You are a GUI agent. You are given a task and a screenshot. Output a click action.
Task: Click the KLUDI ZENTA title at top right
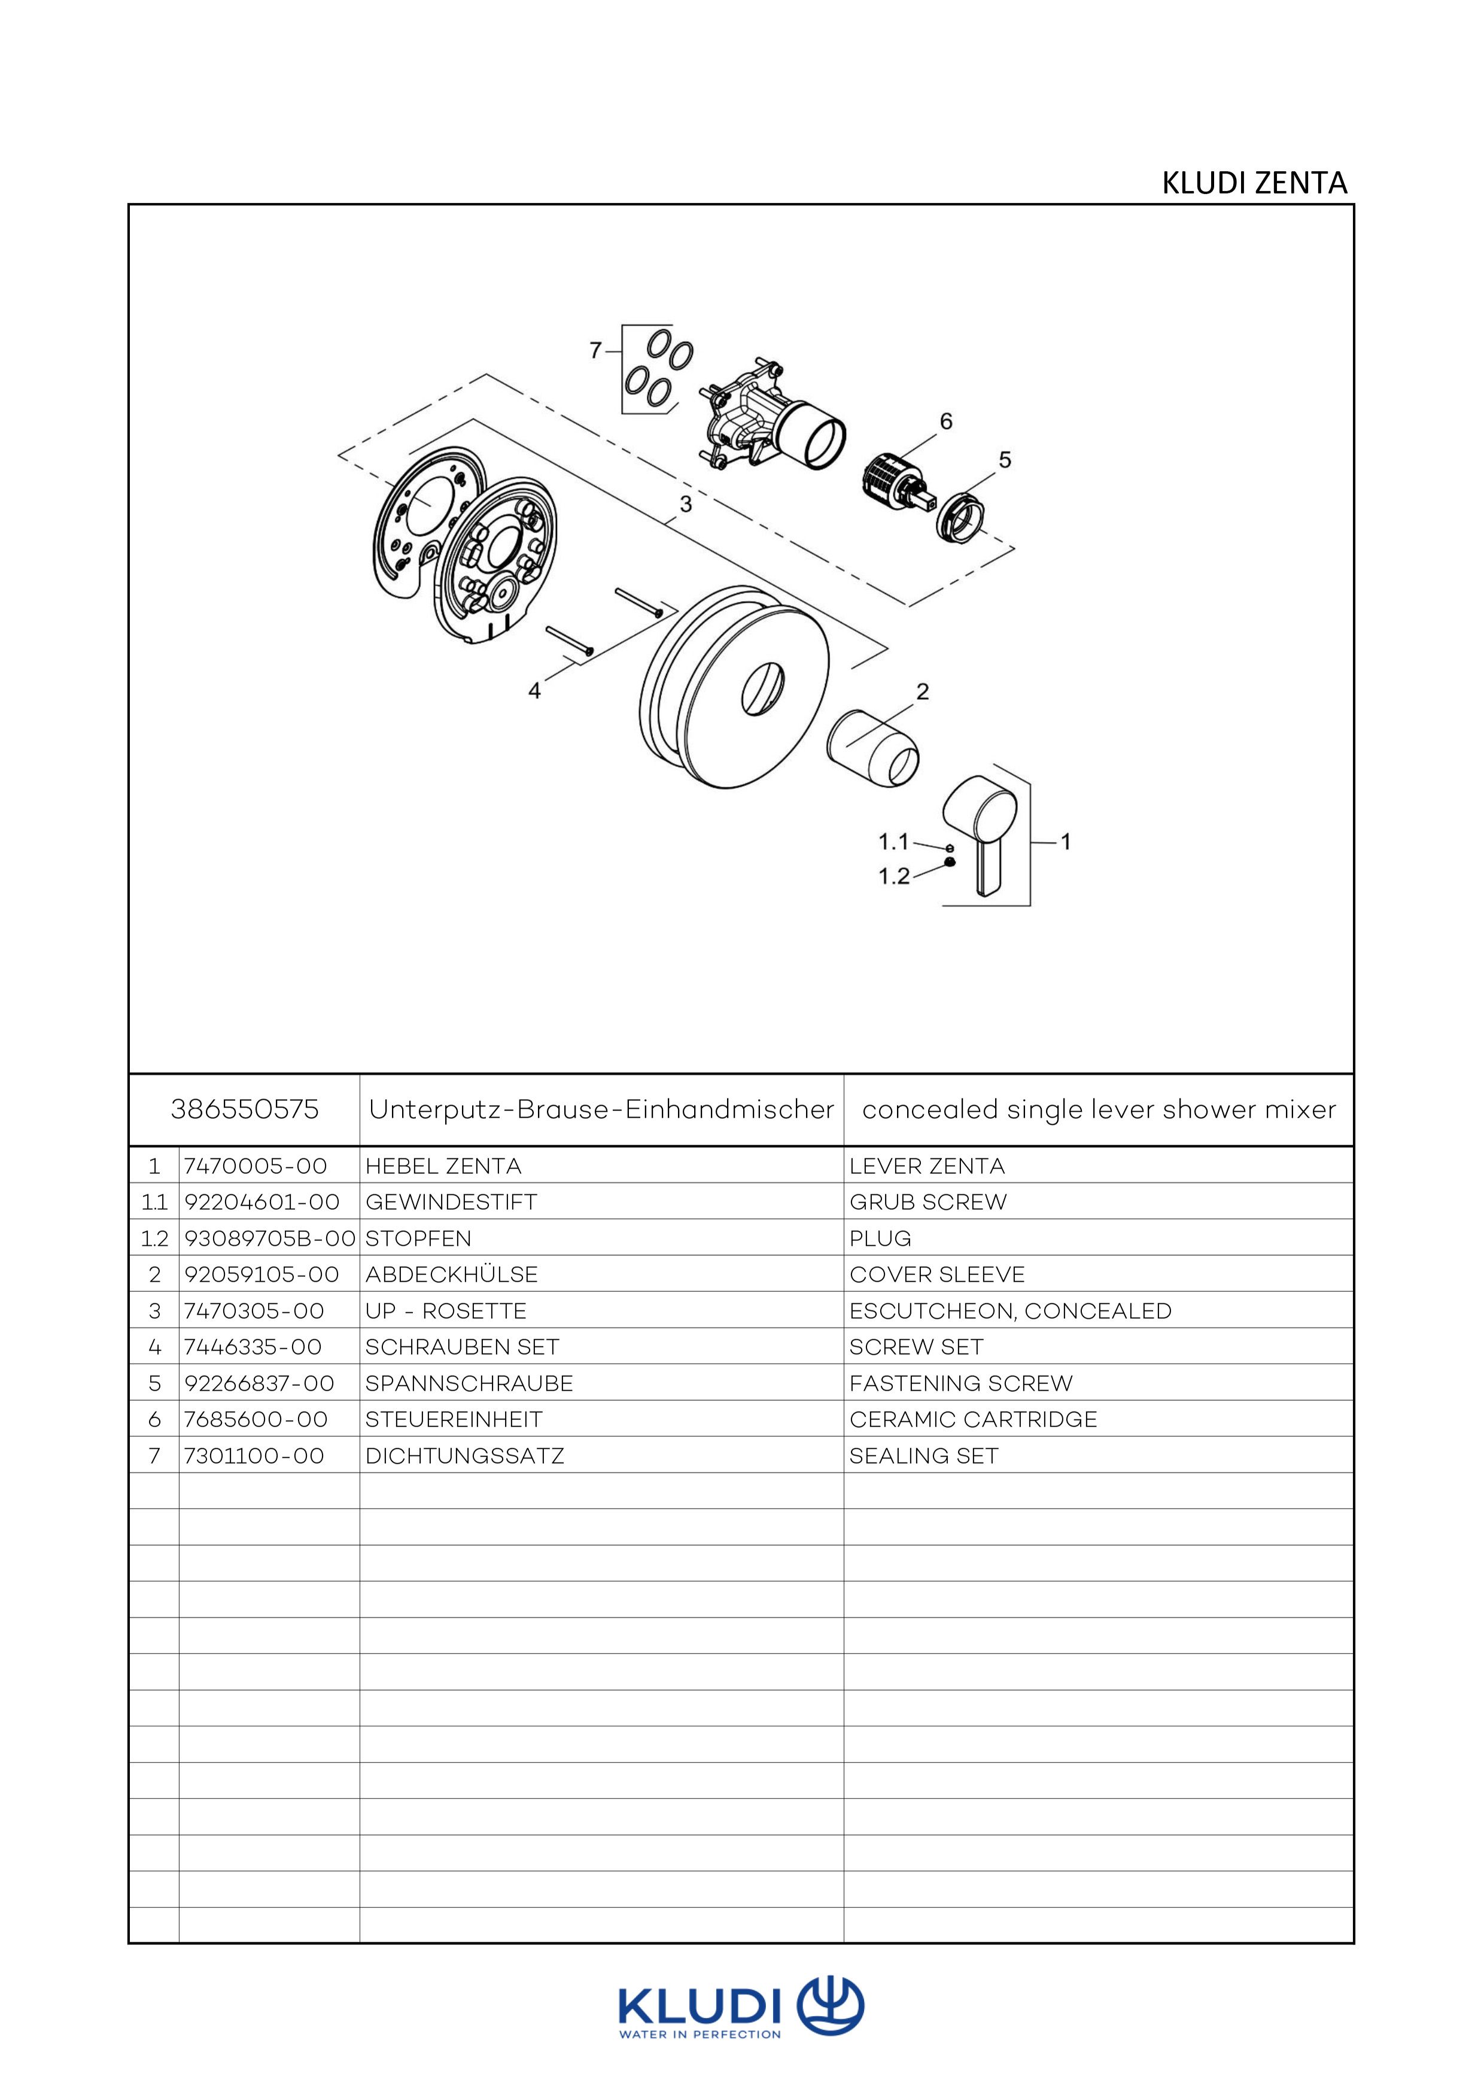(1254, 183)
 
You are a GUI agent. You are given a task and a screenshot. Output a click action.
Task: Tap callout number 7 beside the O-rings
(595, 350)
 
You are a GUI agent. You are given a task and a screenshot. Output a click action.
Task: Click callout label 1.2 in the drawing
(893, 876)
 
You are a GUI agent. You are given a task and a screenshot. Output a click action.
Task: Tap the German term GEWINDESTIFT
(451, 1202)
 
